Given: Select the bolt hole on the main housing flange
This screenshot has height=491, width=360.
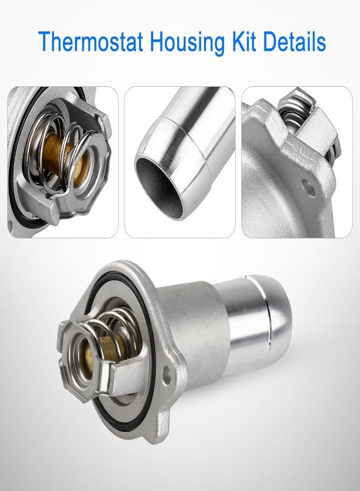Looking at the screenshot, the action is coord(165,374).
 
